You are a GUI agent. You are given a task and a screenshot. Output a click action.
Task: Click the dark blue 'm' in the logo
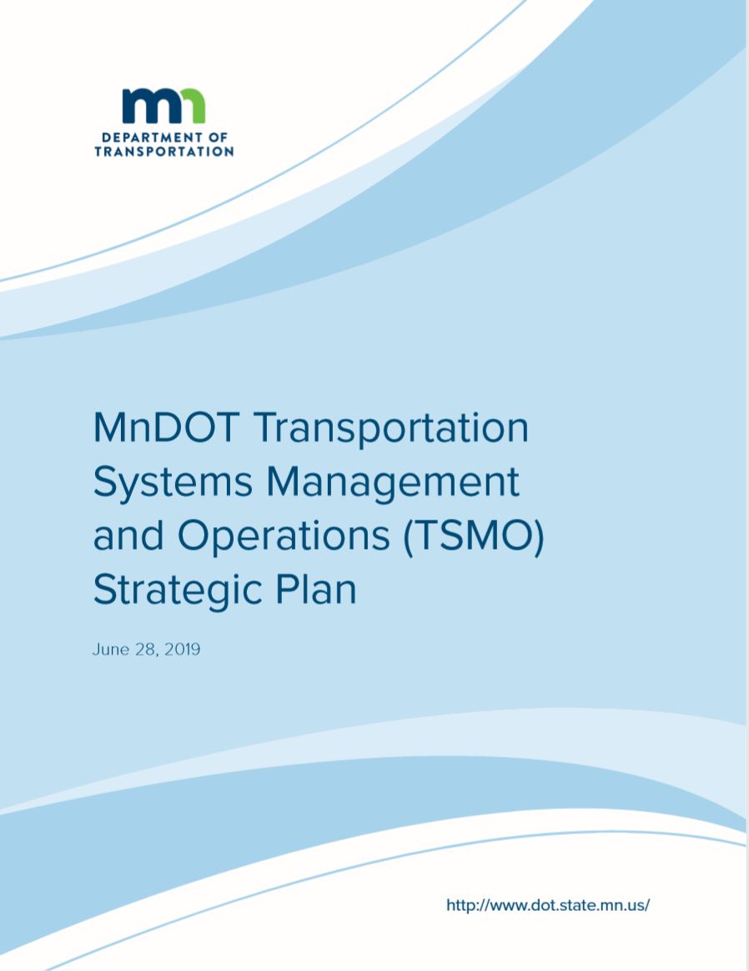point(147,106)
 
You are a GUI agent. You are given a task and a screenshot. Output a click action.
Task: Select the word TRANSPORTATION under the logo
point(164,152)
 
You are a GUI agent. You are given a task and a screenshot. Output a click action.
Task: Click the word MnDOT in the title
point(166,428)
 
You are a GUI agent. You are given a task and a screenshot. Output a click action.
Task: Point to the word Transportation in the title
point(391,428)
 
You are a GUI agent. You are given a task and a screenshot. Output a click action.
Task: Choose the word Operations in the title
point(284,537)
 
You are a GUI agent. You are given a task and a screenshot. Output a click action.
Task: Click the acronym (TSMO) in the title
point(474,537)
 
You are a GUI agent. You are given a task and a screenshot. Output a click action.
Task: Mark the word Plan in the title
point(316,589)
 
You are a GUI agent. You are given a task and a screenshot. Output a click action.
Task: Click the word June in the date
point(111,649)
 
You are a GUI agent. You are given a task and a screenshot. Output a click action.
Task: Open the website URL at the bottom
point(548,905)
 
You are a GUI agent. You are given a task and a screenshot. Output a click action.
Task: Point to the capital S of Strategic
point(104,590)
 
